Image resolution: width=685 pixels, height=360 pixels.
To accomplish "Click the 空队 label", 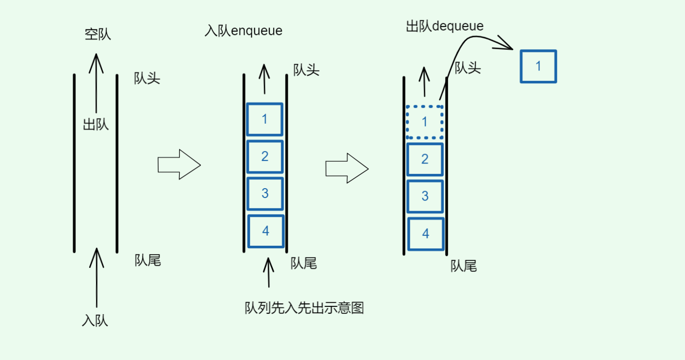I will coord(98,34).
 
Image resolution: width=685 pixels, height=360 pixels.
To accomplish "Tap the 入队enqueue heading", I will coord(243,31).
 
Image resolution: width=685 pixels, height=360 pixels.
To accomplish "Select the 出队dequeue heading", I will coord(444,26).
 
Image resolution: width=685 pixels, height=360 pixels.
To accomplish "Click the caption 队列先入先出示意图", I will coord(304,308).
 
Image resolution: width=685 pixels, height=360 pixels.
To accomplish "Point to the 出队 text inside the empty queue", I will coord(96,125).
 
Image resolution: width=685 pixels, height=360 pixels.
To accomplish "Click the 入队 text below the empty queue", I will coord(95,321).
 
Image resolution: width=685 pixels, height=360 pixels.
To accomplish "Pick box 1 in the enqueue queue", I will coord(264,119).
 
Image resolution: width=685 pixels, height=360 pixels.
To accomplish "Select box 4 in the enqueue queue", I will coord(265,231).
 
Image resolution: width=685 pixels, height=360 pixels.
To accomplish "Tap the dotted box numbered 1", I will coord(424,122).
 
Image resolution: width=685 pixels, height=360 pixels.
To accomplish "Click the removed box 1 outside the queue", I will coord(538,66).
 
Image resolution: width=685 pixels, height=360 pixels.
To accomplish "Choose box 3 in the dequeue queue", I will coord(425,196).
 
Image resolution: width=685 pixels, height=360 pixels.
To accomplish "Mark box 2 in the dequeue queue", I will coord(424,159).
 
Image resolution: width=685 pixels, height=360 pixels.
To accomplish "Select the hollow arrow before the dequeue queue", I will coord(347,168).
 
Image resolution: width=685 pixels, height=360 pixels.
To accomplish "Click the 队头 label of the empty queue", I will coord(147,78).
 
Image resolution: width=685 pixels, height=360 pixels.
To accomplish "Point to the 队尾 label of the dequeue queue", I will coord(463,266).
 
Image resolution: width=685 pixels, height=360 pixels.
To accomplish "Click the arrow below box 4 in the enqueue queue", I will coord(268,272).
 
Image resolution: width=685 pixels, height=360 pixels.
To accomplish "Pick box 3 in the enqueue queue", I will coord(265,194).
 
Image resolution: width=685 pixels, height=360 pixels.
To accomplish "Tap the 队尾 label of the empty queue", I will coord(148,261).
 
